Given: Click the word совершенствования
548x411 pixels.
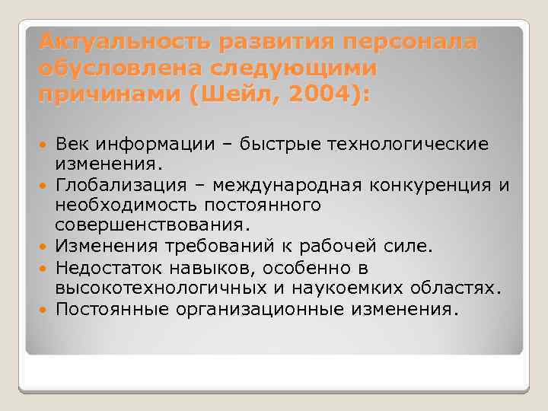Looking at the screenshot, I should click(151, 225).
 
